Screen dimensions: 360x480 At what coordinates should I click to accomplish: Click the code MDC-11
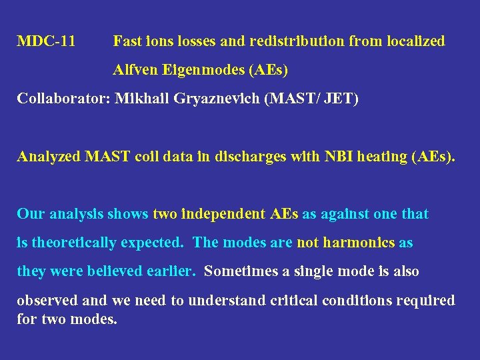(46, 41)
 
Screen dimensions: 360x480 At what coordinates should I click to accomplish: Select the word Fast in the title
(127, 41)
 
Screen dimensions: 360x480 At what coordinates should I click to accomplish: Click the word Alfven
(132, 69)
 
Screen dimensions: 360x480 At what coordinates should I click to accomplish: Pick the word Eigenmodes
(196, 69)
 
